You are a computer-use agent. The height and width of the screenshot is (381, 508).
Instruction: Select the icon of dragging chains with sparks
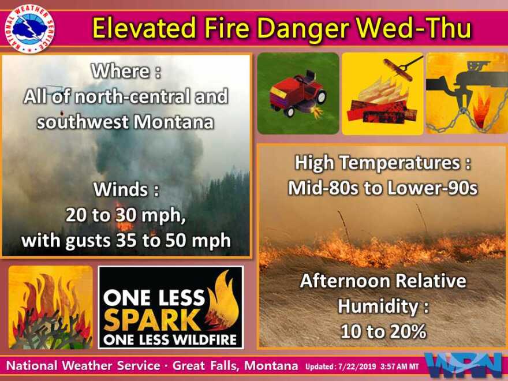[x=466, y=94]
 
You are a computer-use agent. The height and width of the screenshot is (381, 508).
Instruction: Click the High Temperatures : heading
[x=382, y=163]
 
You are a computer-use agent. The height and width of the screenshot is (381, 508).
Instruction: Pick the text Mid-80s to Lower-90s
[x=382, y=188]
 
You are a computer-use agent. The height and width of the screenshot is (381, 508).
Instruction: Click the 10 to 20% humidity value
[x=383, y=331]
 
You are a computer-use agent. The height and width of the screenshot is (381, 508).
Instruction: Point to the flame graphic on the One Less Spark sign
[x=223, y=300]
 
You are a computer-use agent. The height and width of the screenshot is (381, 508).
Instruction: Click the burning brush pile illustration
[x=50, y=307]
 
